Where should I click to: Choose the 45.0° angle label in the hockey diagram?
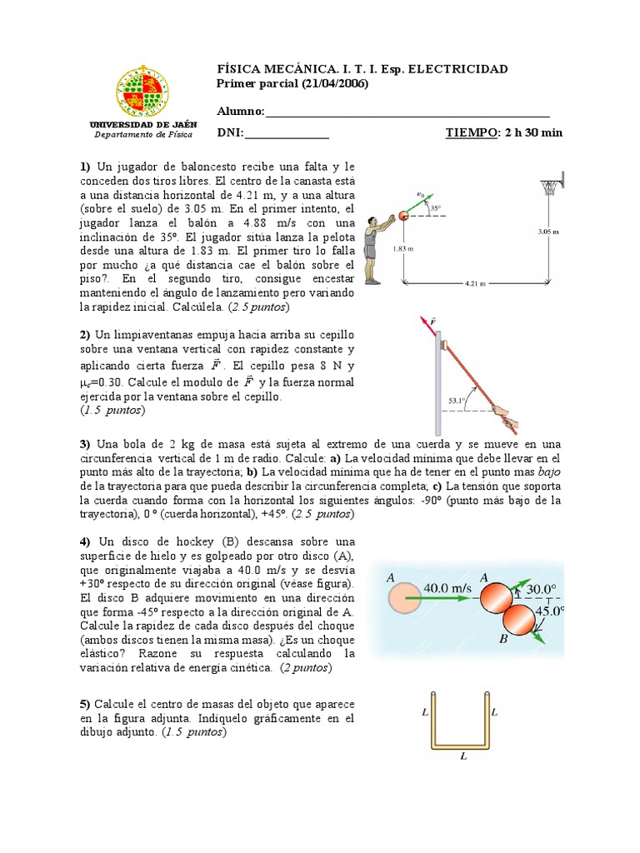(548, 611)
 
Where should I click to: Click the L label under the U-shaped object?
(462, 757)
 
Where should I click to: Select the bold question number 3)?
(84, 442)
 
